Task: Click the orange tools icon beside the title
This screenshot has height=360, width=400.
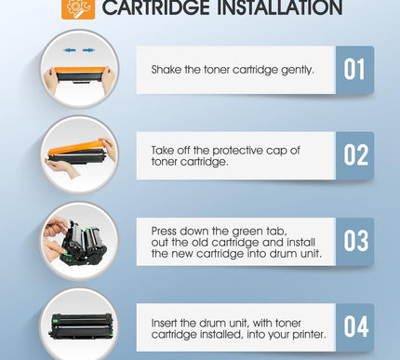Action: (76, 8)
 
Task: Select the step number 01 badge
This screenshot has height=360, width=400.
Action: (354, 70)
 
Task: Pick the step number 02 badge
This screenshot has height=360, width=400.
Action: (354, 155)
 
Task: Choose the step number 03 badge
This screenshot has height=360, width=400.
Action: (354, 241)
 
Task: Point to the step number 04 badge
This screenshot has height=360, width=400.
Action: (354, 327)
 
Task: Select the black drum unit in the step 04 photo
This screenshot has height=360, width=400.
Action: (80, 328)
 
